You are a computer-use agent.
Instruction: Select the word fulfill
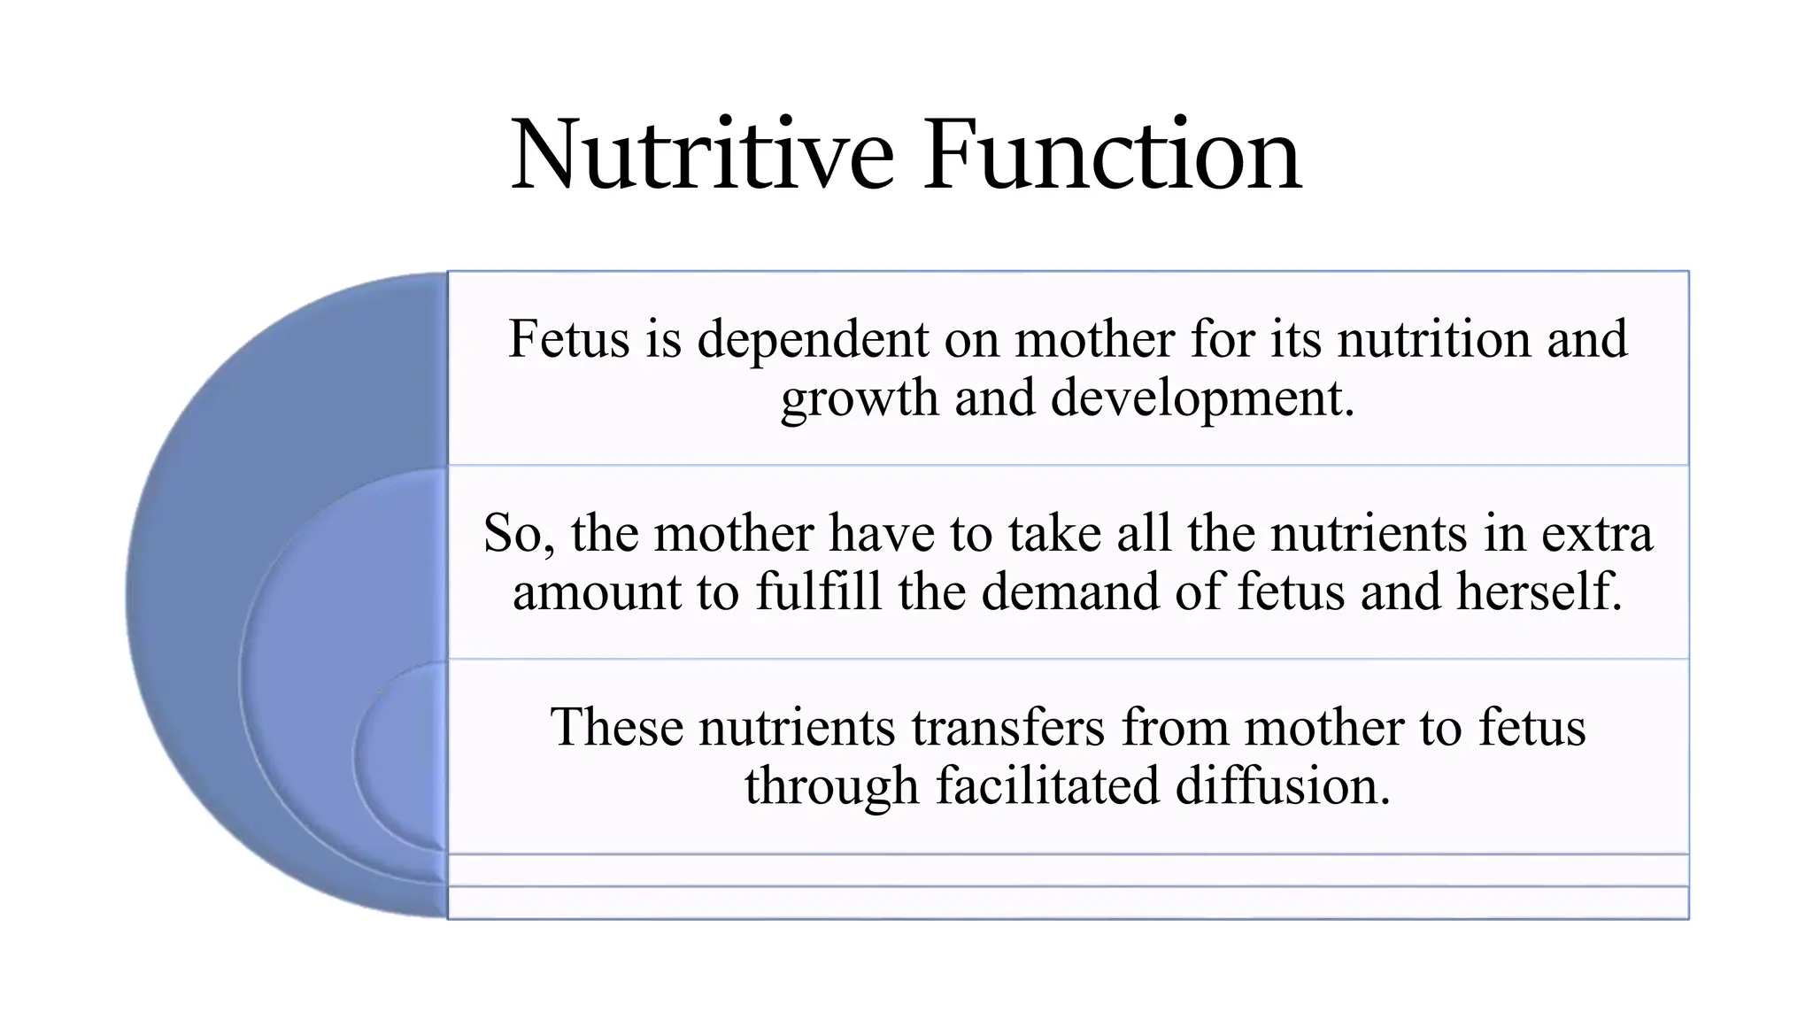pos(819,591)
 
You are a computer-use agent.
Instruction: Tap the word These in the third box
pos(617,728)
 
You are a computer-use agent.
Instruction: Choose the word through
pos(832,786)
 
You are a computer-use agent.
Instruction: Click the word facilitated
pos(1047,786)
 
